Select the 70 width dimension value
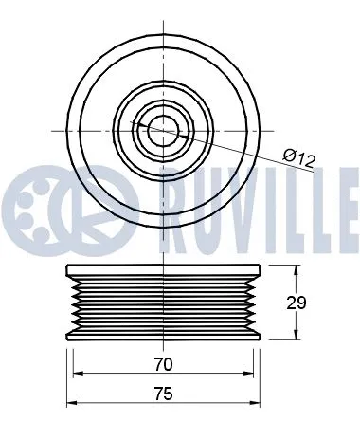tap(162, 363)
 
